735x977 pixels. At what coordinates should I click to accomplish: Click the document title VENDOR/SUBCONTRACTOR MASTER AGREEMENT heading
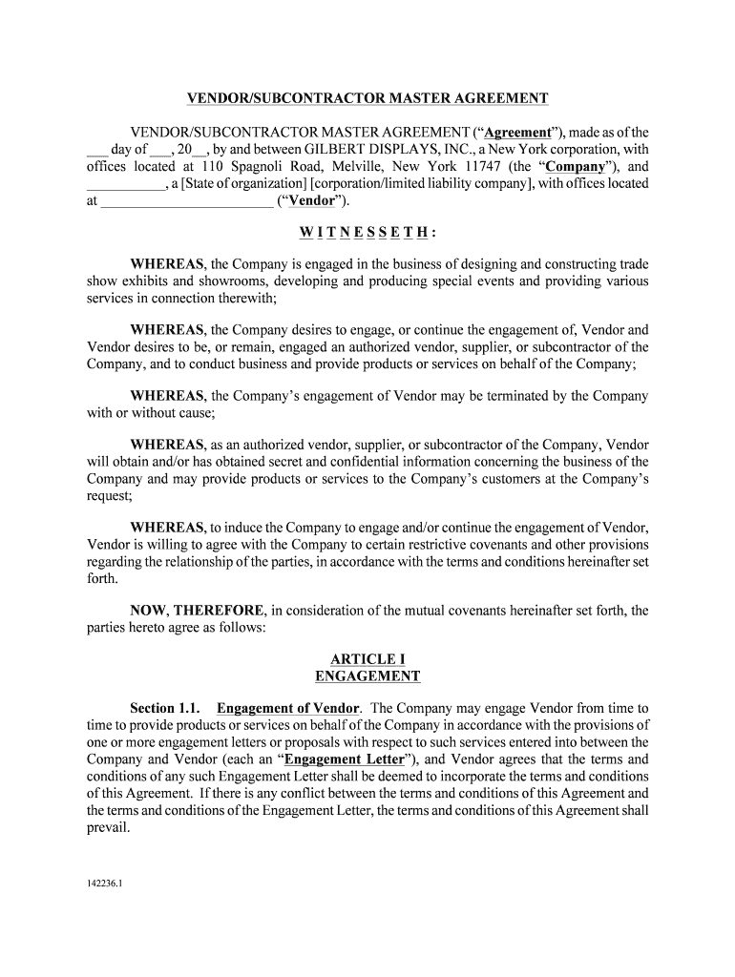click(x=367, y=98)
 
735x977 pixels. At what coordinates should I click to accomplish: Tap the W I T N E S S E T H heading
click(x=367, y=233)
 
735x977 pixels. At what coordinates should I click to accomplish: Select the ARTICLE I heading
click(x=367, y=659)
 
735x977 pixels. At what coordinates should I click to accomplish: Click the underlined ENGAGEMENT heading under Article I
click(x=367, y=676)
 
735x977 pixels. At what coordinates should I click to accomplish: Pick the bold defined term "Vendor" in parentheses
click(x=312, y=201)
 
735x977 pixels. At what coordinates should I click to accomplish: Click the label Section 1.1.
click(x=165, y=708)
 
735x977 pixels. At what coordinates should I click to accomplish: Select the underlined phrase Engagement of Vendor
click(x=288, y=708)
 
